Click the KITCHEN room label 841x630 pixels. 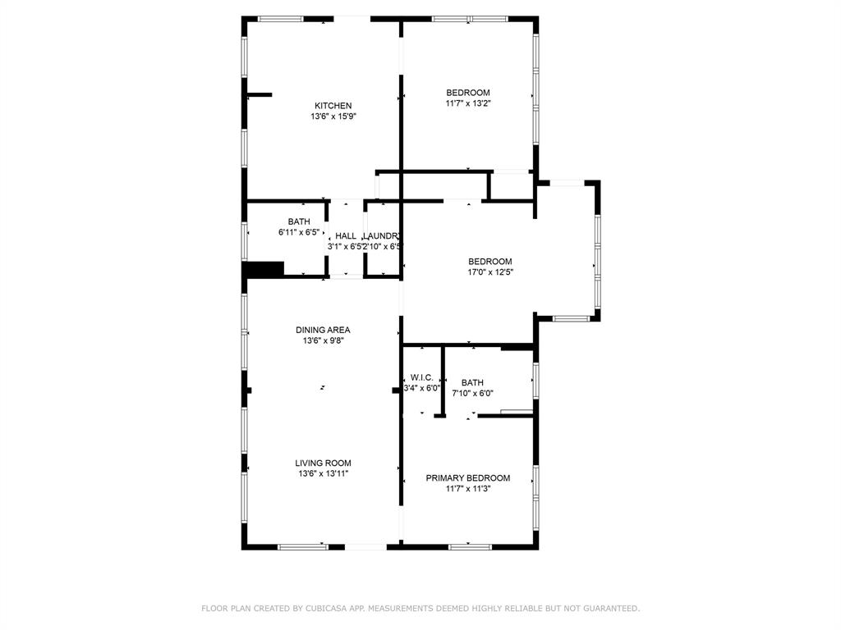(x=333, y=106)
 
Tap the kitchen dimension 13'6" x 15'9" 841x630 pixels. (x=333, y=116)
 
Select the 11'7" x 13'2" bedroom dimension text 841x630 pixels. (x=467, y=103)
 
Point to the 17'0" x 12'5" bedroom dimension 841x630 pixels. (x=490, y=272)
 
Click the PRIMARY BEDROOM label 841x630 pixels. (x=467, y=478)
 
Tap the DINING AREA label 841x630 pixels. (x=323, y=330)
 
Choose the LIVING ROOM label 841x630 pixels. (x=323, y=463)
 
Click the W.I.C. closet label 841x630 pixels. (x=422, y=377)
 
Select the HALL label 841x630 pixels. (x=345, y=236)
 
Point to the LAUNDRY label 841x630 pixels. (x=382, y=236)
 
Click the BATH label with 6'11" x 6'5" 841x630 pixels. (x=299, y=221)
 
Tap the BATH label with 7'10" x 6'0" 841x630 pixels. (x=472, y=382)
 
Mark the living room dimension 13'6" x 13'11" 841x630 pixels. (x=323, y=473)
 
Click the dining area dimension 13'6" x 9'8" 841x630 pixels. (x=323, y=340)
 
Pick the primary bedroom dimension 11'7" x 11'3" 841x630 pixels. (x=467, y=489)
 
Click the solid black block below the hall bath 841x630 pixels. (x=264, y=269)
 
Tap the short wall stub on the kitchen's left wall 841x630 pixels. (x=259, y=95)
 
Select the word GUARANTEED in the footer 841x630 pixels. (x=609, y=609)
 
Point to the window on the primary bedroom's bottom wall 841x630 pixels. (x=471, y=546)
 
